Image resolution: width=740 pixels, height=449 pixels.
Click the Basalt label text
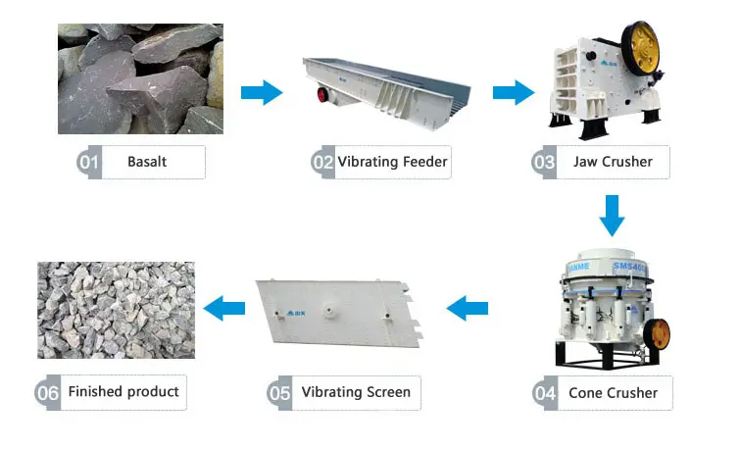[x=147, y=162]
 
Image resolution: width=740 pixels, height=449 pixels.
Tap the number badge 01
[x=89, y=162]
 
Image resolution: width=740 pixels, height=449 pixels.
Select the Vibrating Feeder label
[x=393, y=162]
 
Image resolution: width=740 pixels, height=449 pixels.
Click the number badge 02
[x=323, y=162]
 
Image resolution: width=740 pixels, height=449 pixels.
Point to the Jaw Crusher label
[x=613, y=162]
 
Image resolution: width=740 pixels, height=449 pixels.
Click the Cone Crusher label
[x=614, y=393]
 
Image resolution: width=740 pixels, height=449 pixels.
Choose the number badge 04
[x=546, y=393]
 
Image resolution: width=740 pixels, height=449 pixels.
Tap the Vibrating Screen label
[x=356, y=392]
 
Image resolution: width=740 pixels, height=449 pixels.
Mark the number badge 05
[x=280, y=393]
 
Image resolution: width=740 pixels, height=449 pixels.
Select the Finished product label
[x=123, y=392]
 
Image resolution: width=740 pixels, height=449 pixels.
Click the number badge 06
[x=49, y=393]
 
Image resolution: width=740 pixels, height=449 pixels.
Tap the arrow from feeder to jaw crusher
[x=512, y=93]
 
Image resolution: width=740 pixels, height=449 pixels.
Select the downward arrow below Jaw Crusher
[x=613, y=216]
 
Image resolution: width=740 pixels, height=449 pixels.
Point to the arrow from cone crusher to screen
[x=468, y=309]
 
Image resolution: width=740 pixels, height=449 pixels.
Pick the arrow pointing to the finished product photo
[x=224, y=309]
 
